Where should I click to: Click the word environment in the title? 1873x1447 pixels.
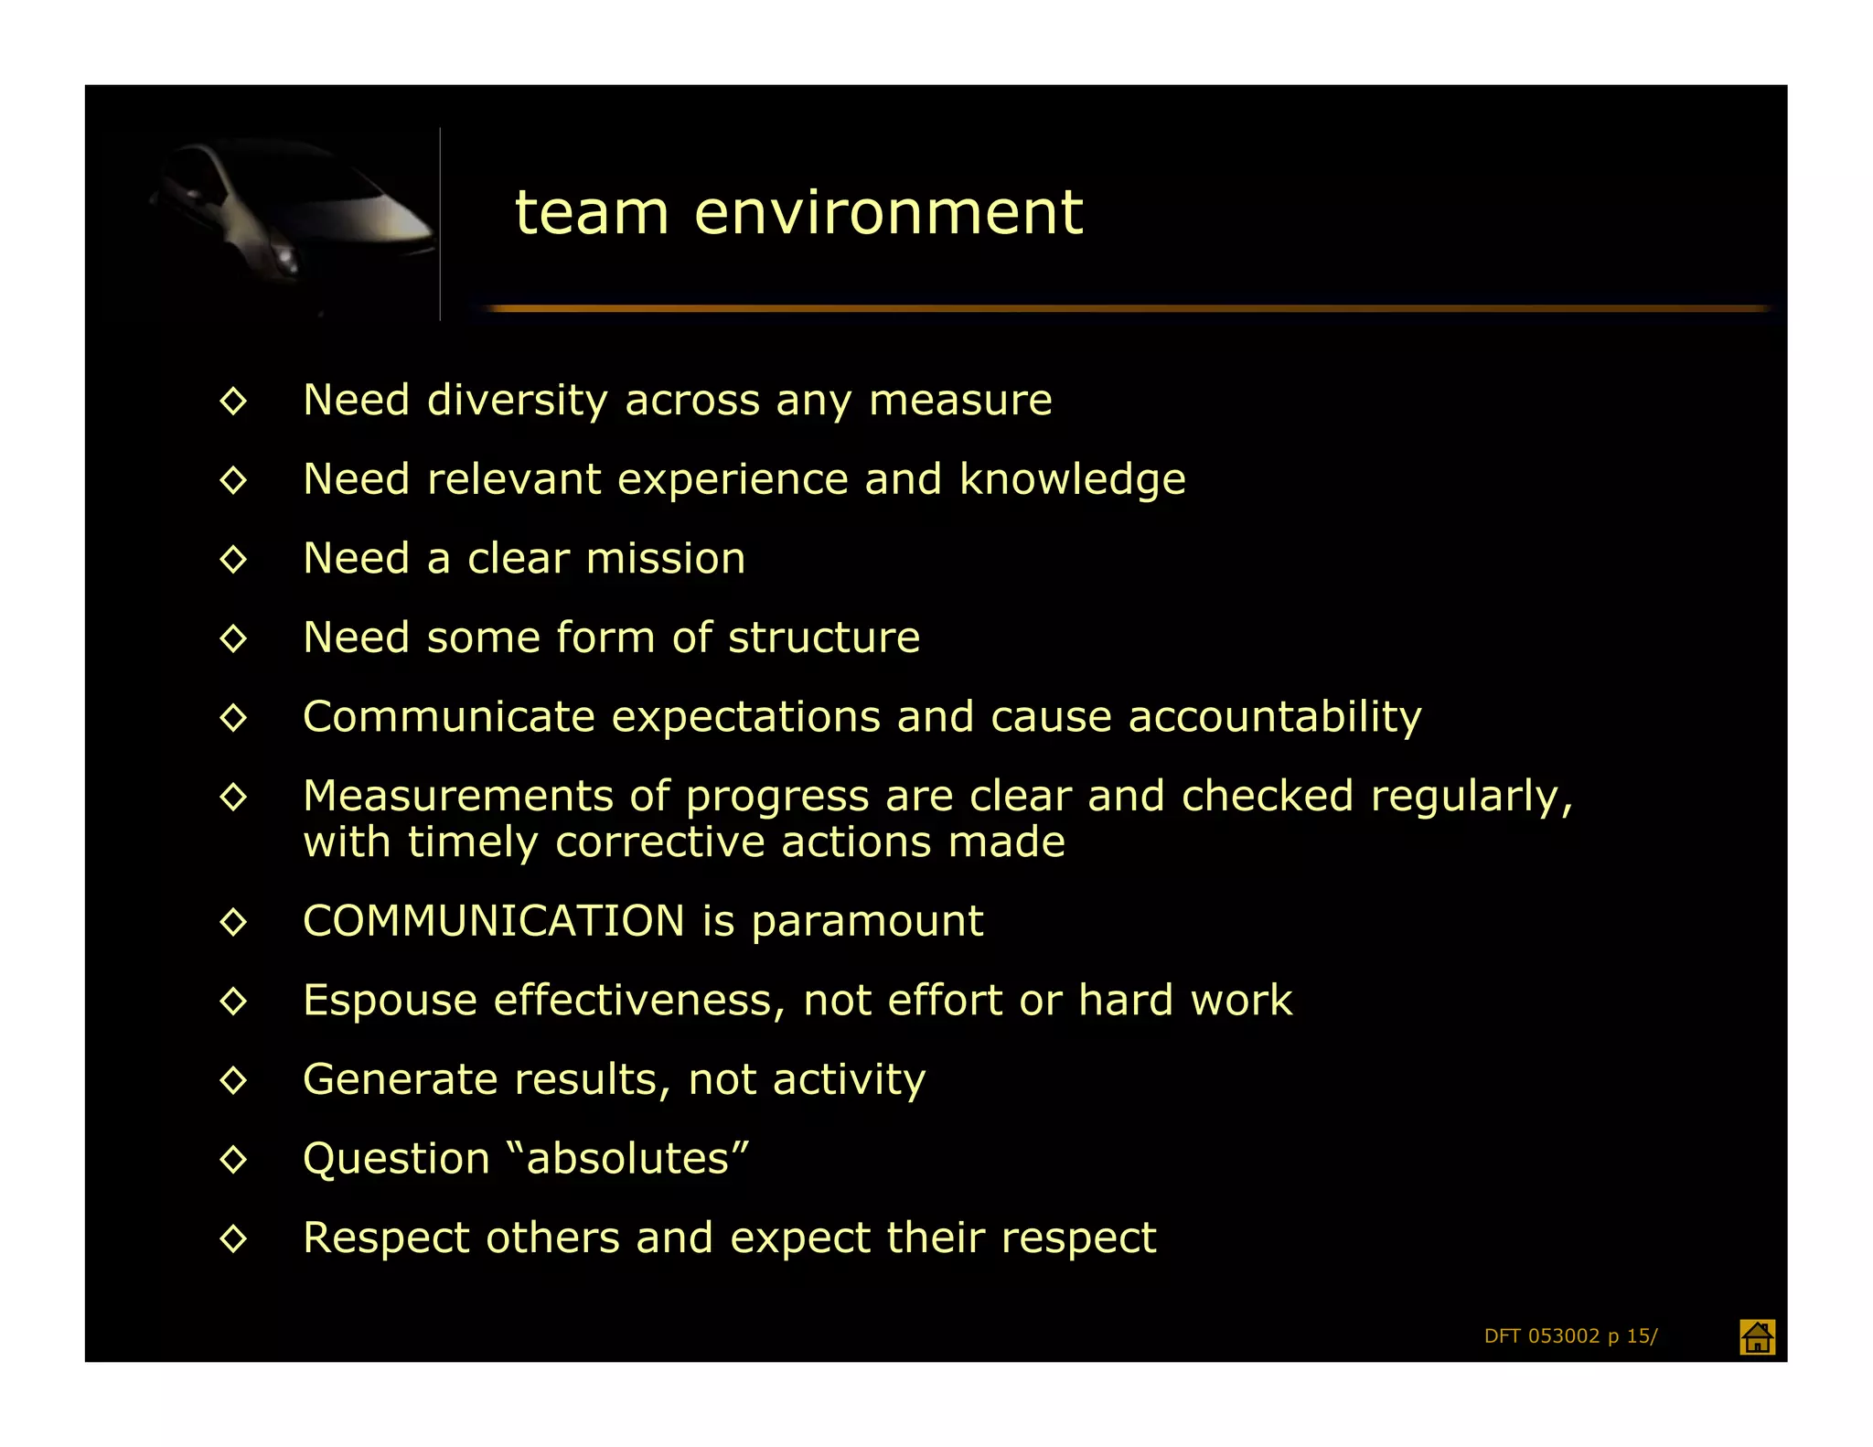[888, 212]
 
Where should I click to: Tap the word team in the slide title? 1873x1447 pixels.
[592, 212]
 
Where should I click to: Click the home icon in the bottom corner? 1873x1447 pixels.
[1756, 1336]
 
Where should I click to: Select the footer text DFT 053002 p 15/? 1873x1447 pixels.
[1570, 1336]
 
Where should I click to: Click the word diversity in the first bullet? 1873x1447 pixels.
[517, 401]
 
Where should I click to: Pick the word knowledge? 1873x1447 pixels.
[1072, 480]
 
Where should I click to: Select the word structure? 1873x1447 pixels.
[823, 638]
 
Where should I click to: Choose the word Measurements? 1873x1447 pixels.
[457, 796]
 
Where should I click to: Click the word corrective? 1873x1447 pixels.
[659, 841]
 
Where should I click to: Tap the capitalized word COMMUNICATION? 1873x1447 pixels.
[493, 921]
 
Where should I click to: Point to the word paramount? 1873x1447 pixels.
[866, 922]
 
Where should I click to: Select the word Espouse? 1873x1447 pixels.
[390, 1001]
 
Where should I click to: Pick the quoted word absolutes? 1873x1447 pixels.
[627, 1159]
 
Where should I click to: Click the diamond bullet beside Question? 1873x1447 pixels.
[233, 1160]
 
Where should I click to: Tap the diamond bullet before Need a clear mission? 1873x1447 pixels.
[233, 559]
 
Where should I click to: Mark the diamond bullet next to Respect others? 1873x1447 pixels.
[233, 1238]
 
